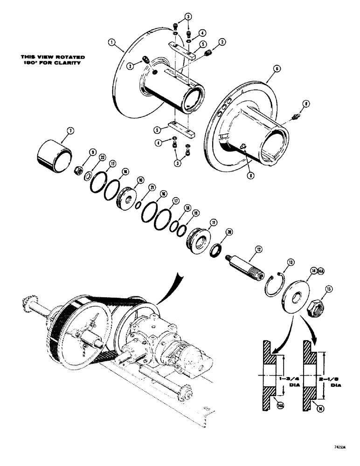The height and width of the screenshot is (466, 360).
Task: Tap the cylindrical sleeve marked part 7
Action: (54, 153)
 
